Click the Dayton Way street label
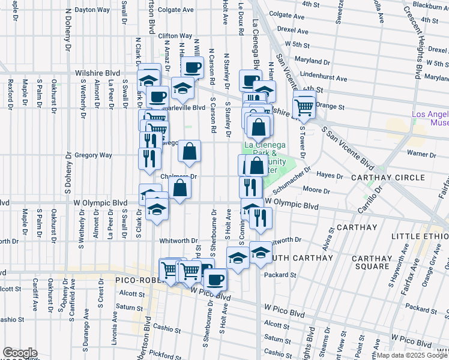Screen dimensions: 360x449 pyautogui.click(x=92, y=10)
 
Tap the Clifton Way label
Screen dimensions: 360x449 pyautogui.click(x=175, y=36)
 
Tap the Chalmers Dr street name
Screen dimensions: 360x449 pyautogui.click(x=179, y=177)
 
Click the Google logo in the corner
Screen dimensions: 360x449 pyautogui.click(x=19, y=353)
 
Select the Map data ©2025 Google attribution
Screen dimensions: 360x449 pyautogui.click(x=412, y=355)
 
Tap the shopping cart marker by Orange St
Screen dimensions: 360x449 pyautogui.click(x=304, y=108)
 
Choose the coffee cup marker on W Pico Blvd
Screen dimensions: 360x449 pyautogui.click(x=215, y=280)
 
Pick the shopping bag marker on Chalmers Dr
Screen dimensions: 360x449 pyautogui.click(x=180, y=189)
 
